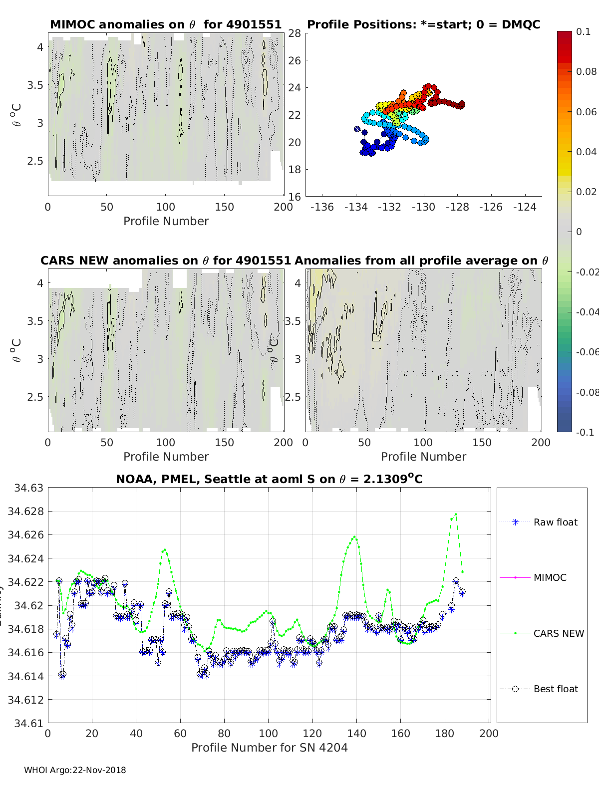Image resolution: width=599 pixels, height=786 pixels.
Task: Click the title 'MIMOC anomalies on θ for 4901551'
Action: click(x=166, y=24)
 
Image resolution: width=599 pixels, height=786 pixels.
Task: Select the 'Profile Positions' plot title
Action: click(x=423, y=24)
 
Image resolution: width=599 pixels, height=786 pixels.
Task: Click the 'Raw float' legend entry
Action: click(x=555, y=522)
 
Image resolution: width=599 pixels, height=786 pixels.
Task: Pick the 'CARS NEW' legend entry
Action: click(x=558, y=633)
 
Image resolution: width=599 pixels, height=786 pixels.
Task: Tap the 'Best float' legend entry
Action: click(x=555, y=689)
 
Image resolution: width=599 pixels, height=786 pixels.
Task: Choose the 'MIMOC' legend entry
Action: click(x=550, y=577)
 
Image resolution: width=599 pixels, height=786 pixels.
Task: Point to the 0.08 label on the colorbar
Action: click(x=586, y=71)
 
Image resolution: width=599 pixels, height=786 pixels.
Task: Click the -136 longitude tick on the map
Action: click(x=322, y=207)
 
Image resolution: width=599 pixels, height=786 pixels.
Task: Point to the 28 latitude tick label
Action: click(x=295, y=33)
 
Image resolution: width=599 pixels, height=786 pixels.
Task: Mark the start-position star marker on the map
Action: click(x=357, y=129)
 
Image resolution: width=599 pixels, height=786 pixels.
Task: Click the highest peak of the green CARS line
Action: click(x=456, y=514)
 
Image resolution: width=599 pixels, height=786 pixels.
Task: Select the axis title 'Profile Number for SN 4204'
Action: click(x=269, y=747)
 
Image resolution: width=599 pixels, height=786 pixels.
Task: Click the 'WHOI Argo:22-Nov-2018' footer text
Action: click(x=75, y=770)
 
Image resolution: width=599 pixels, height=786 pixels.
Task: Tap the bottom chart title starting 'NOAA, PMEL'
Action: click(x=269, y=479)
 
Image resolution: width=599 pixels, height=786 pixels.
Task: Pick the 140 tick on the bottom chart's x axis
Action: click(x=357, y=733)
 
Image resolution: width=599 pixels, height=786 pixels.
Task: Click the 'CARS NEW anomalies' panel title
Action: click(x=166, y=261)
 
